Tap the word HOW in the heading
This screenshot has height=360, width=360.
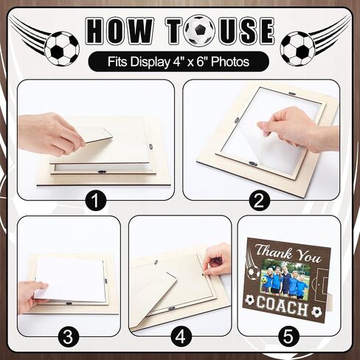[x=120, y=31]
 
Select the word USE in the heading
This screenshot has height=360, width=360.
[x=246, y=31]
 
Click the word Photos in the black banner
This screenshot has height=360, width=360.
[x=230, y=61]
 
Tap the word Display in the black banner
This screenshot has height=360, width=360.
[x=150, y=62]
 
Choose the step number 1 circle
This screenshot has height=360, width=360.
[x=96, y=201]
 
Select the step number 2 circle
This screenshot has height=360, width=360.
[x=260, y=201]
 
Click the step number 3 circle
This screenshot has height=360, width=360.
[x=68, y=337]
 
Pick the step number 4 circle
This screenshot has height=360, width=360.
[x=181, y=337]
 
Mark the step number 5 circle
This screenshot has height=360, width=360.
[x=288, y=337]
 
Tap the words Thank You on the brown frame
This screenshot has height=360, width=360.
[x=288, y=253]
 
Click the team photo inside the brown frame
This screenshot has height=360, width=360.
[x=286, y=280]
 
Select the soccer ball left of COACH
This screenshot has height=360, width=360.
[x=249, y=300]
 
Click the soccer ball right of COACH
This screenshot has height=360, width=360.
[x=316, y=311]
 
